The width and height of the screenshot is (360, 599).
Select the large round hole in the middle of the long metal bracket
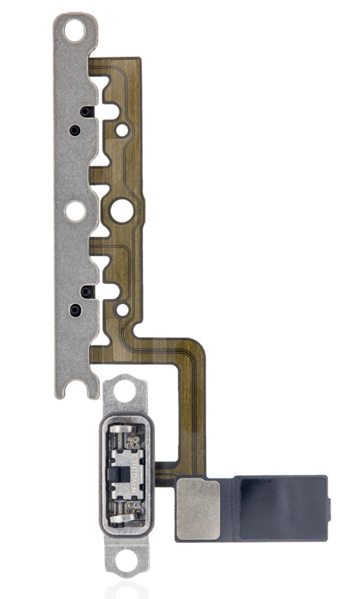76,210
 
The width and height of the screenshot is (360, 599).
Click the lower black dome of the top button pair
75,130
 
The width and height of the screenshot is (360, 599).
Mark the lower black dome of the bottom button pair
76,310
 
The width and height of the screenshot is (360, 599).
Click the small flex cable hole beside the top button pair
122,131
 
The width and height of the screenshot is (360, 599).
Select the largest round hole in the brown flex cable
121,210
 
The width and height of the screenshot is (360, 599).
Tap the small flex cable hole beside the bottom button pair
122,310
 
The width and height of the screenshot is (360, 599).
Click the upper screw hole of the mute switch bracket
125,394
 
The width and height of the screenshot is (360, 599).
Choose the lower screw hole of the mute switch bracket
125,568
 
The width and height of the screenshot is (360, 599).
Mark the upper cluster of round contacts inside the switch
136,441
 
